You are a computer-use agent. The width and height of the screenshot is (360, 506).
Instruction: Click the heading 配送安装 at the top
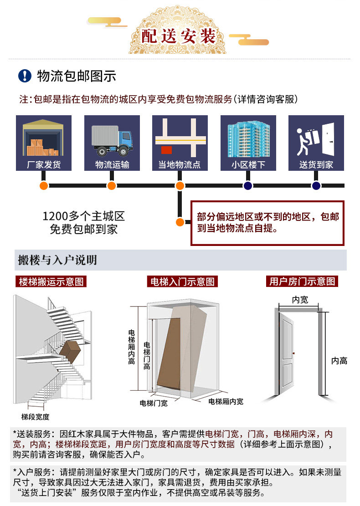(x=178, y=36)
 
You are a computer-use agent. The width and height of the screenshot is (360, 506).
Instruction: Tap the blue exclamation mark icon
(x=25, y=76)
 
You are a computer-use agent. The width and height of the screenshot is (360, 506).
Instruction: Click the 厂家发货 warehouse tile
(x=44, y=143)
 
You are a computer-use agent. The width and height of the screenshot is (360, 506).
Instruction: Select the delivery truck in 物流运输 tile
(x=112, y=139)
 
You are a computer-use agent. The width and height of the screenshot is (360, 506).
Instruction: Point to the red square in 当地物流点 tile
(x=166, y=150)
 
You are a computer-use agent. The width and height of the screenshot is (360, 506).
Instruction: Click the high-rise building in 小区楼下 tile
(x=248, y=138)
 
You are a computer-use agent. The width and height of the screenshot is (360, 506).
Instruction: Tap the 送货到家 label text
(x=316, y=165)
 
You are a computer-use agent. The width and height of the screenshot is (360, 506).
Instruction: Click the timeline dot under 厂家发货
(x=44, y=186)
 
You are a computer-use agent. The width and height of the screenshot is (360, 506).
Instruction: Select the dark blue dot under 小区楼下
(x=248, y=186)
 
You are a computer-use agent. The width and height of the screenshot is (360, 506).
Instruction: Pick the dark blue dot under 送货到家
(x=316, y=186)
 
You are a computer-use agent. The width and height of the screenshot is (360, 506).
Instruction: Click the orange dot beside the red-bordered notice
(x=180, y=222)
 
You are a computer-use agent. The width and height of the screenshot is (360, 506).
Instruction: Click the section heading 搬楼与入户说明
(x=57, y=260)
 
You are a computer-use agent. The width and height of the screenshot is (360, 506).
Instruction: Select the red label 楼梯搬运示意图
(x=51, y=281)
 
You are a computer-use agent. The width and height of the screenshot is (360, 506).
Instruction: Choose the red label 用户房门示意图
(x=302, y=281)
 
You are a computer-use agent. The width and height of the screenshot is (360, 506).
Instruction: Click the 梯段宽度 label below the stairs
(x=36, y=417)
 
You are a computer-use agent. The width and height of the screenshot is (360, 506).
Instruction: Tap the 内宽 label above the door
(x=300, y=299)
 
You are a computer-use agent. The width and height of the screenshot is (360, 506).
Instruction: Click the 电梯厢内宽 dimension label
(x=226, y=402)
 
